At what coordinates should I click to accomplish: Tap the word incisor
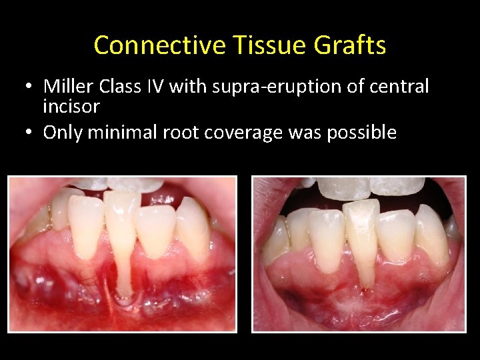(x=71, y=105)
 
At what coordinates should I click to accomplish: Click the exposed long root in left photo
(x=124, y=267)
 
